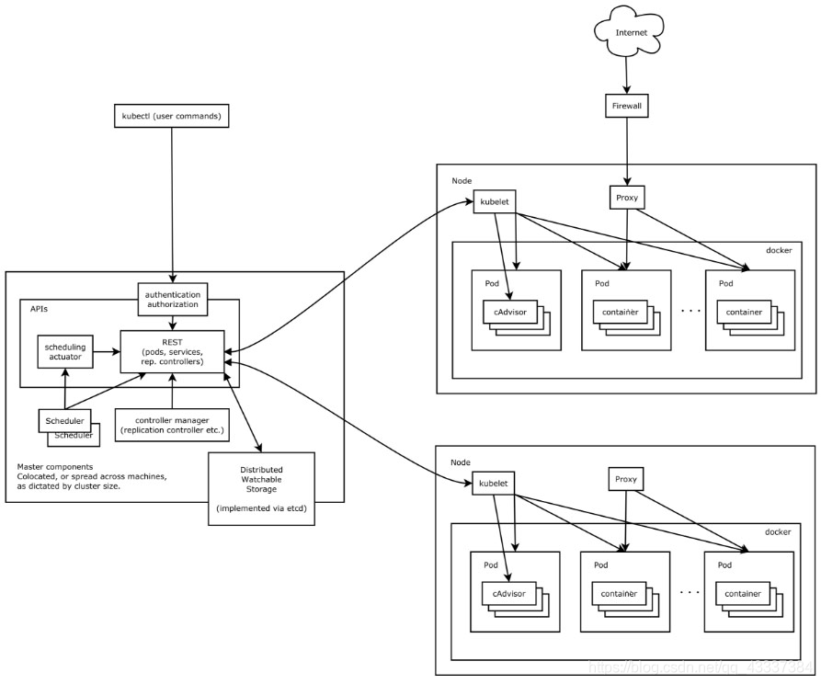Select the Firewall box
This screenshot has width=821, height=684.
[x=626, y=105]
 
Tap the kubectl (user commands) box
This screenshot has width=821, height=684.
[x=171, y=117]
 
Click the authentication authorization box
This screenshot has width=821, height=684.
[x=172, y=297]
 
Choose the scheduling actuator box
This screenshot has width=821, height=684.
[x=64, y=350]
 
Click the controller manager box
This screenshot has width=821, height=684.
[x=172, y=425]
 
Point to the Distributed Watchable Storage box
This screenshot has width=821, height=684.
[x=262, y=488]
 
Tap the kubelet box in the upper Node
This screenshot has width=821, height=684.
[x=495, y=200]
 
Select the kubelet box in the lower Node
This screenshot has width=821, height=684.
[x=495, y=482]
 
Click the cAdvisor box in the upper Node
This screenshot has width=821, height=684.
[x=508, y=313]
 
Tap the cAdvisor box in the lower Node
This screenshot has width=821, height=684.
[x=508, y=594]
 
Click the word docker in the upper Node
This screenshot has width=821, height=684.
[x=778, y=251]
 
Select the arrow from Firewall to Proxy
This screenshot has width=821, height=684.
[x=626, y=152]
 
